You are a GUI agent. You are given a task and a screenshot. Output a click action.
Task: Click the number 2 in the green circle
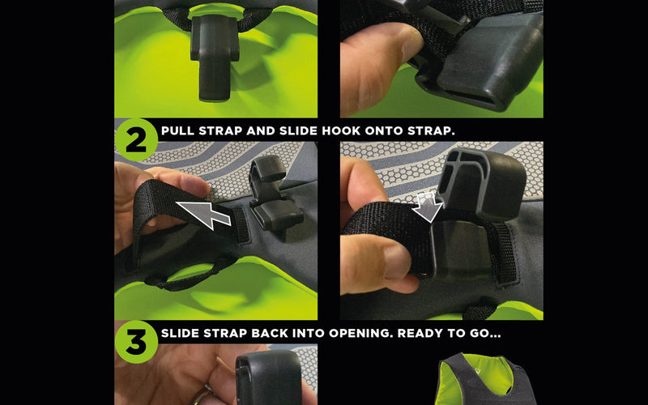click(x=136, y=141)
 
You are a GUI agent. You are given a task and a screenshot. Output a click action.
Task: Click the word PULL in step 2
click(x=177, y=130)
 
